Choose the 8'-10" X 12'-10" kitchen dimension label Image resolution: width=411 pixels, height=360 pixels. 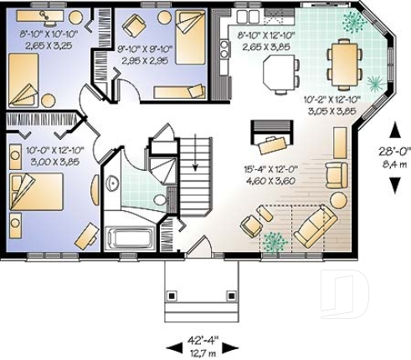click(x=265, y=41)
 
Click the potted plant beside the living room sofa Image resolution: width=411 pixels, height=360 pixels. click(x=274, y=242)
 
